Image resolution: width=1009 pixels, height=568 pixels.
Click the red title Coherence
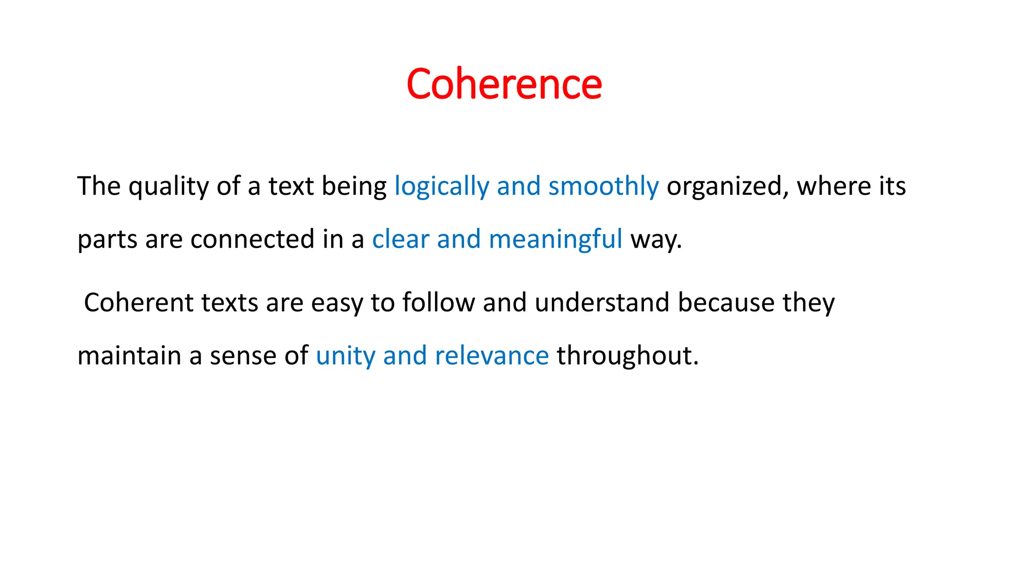(504, 84)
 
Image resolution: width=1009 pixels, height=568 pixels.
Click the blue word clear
(401, 239)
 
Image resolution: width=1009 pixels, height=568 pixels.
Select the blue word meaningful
(556, 239)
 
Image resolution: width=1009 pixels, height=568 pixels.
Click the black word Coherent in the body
(138, 302)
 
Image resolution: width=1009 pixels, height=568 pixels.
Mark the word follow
(438, 302)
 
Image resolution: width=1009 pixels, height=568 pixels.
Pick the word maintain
(129, 355)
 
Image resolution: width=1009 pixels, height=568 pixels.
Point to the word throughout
(627, 355)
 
